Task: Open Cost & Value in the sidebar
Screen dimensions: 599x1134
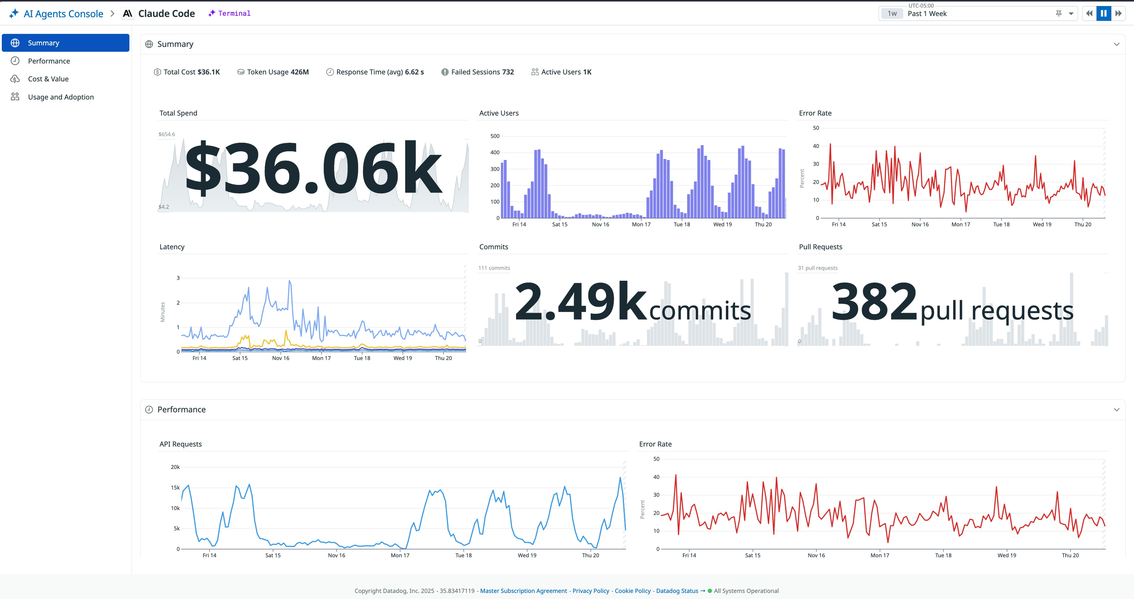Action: [x=48, y=79]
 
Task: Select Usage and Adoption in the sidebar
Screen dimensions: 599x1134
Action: [x=61, y=97]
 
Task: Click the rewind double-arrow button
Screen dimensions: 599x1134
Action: [x=1089, y=14]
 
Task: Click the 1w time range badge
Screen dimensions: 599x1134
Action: [x=892, y=14]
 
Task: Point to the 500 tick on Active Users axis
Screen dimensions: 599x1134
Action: [x=495, y=136]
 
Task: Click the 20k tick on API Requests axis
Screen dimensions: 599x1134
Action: [x=175, y=467]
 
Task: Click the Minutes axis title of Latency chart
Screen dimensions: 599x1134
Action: [x=162, y=312]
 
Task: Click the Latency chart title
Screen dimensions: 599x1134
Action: [x=172, y=247]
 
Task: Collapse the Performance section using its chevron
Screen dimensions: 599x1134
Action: [x=1116, y=410]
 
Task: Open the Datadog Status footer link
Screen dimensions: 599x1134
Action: [x=677, y=591]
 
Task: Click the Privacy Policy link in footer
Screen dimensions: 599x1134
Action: [x=590, y=591]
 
